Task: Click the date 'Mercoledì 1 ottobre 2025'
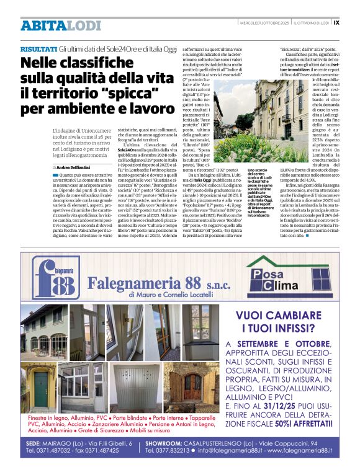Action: (264, 22)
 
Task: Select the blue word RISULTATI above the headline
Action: (38, 48)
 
